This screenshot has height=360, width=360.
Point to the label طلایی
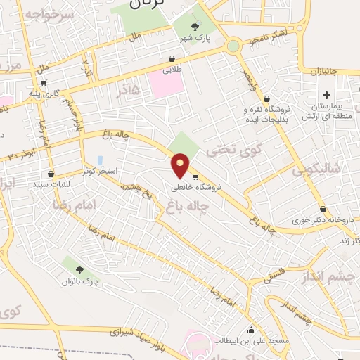[x=172, y=70]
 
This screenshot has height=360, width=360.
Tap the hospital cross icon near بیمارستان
[x=326, y=95]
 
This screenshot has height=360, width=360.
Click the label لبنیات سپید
[x=51, y=184]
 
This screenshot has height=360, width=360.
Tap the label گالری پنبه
[x=61, y=93]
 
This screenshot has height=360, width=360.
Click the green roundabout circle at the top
[x=233, y=46]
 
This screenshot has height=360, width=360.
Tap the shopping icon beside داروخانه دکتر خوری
[x=323, y=209]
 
